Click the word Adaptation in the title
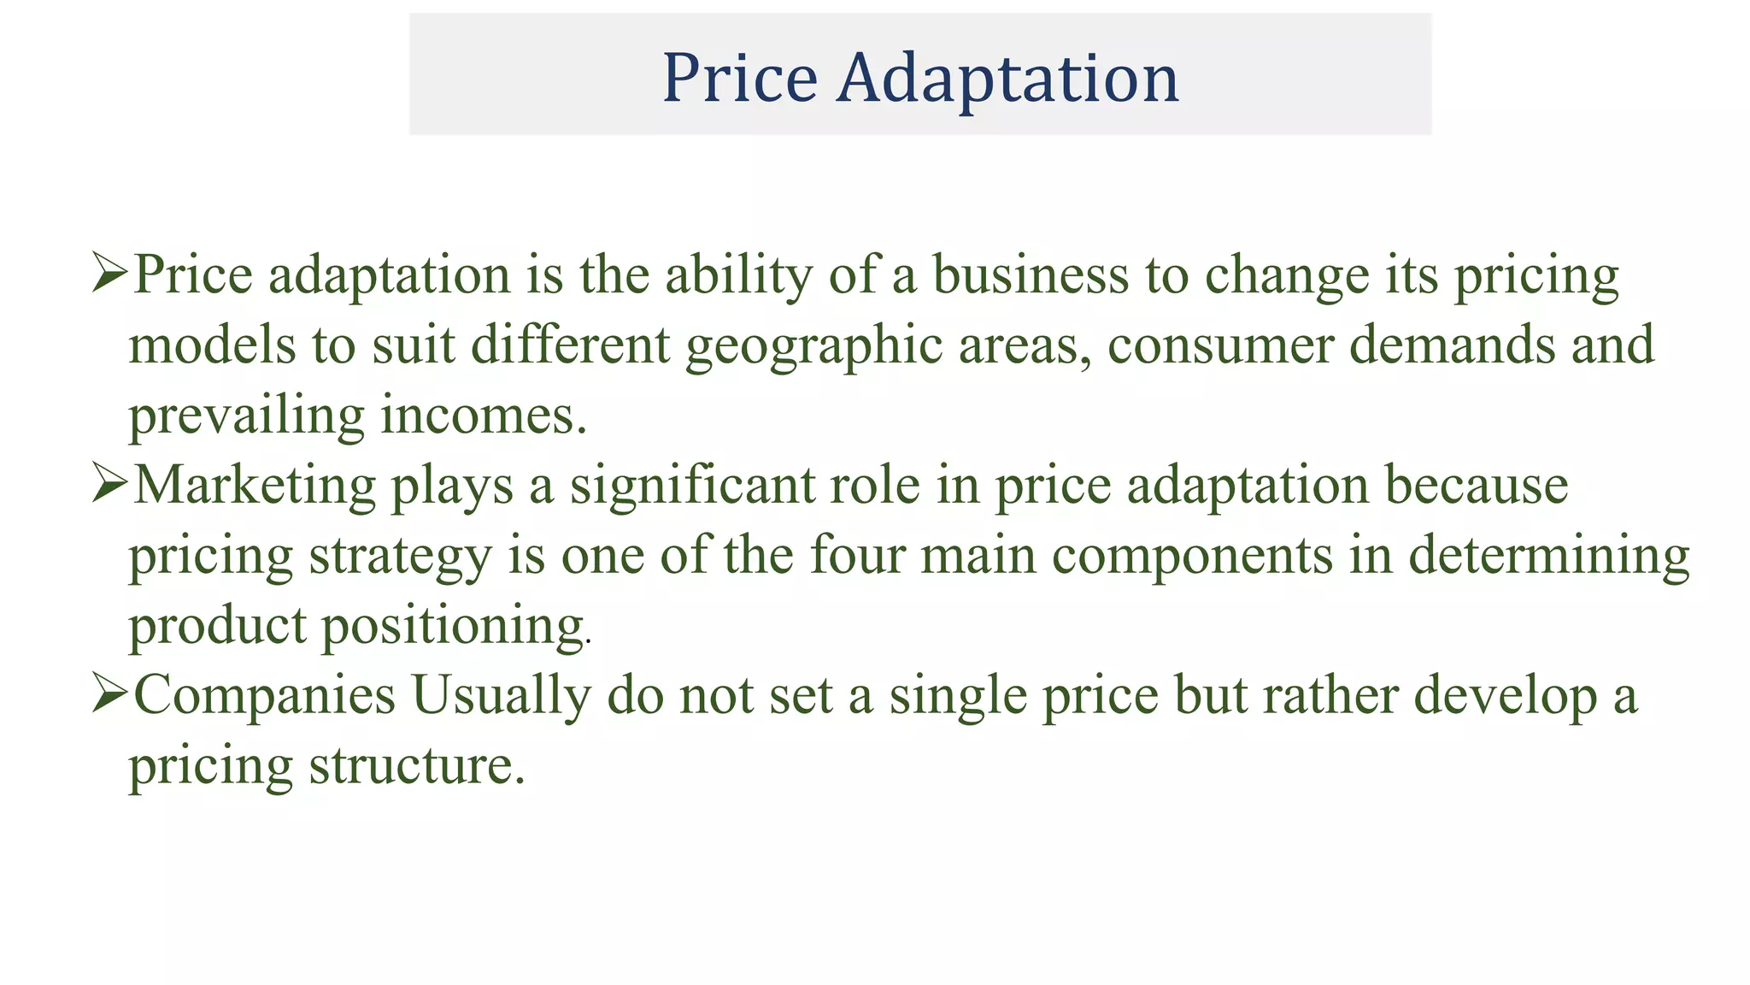coord(1007,79)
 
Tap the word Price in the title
coord(740,79)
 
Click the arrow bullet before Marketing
coord(109,485)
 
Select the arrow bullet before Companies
coord(109,694)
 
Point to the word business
coord(1030,275)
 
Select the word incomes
coord(483,416)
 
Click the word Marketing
coord(255,487)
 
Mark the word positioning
coord(453,627)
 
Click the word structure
coord(416,765)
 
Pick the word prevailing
coord(246,417)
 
